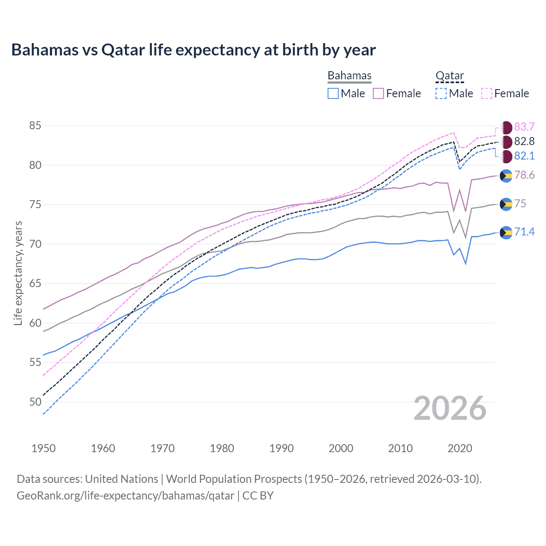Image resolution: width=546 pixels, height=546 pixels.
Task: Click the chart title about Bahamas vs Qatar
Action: [193, 50]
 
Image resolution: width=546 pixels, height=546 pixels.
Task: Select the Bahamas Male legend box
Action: [333, 93]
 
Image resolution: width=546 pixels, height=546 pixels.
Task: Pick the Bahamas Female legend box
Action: [378, 93]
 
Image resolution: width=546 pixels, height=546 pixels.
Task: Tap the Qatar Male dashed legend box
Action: [441, 93]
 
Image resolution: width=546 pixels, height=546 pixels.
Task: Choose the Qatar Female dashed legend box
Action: [487, 93]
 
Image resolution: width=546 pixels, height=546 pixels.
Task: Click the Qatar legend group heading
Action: [450, 76]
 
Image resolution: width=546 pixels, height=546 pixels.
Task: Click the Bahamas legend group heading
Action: [349, 76]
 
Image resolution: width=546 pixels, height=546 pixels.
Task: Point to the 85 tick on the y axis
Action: [35, 126]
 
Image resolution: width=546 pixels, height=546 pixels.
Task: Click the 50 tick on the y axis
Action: [35, 402]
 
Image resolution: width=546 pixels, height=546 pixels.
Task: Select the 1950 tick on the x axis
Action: [44, 448]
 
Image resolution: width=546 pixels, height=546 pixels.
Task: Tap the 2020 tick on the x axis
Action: [460, 448]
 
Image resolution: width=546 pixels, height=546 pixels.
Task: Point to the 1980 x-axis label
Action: [222, 448]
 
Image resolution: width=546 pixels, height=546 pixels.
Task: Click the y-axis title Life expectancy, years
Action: [18, 273]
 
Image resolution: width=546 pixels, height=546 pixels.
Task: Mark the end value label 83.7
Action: [524, 127]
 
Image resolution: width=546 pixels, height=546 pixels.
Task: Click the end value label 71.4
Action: [524, 232]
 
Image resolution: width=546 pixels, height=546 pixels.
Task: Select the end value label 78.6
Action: [524, 175]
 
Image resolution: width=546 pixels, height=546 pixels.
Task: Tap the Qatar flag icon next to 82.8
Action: [506, 142]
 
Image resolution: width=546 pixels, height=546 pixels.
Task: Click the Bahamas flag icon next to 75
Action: [506, 204]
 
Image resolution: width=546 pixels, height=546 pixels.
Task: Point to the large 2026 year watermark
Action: [450, 408]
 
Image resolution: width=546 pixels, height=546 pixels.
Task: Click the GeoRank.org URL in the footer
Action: [125, 496]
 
